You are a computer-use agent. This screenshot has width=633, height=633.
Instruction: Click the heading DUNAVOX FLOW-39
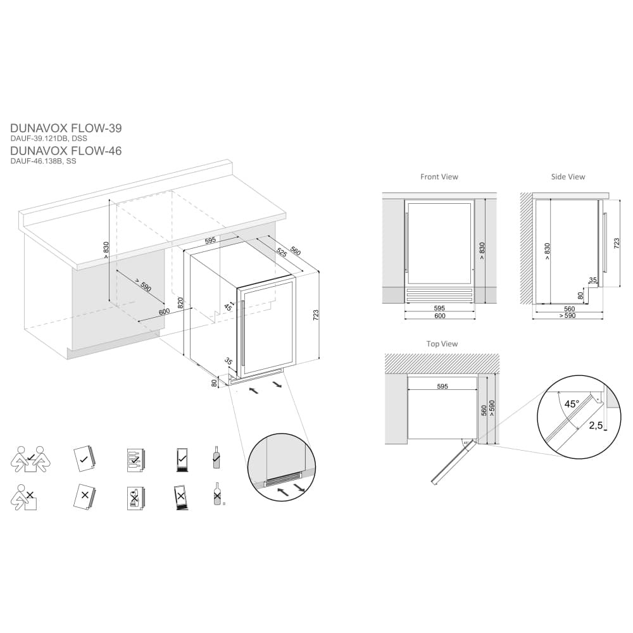click(x=66, y=128)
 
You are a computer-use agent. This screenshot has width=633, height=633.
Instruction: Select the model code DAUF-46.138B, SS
click(x=43, y=161)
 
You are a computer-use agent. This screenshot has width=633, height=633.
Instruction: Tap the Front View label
click(x=439, y=177)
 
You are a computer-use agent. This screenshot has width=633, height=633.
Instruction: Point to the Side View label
click(x=568, y=177)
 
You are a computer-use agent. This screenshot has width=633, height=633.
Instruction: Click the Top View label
click(x=442, y=344)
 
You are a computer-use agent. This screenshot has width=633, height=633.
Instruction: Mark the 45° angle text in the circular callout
click(x=572, y=403)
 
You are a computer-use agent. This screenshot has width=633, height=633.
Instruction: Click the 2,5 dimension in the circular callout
click(x=596, y=425)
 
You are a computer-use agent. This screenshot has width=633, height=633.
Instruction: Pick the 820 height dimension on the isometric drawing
click(x=180, y=302)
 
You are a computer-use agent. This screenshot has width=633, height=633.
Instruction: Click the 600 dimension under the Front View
click(x=440, y=315)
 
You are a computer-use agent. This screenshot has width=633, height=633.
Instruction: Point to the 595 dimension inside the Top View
click(x=442, y=386)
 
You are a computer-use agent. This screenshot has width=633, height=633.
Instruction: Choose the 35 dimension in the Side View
click(x=592, y=280)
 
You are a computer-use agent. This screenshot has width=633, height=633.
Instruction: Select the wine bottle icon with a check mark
click(x=216, y=457)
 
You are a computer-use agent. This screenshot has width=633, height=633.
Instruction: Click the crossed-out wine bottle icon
click(x=218, y=494)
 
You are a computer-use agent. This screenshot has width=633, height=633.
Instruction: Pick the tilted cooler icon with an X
click(x=180, y=496)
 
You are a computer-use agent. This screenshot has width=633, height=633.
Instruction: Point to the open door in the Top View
click(x=451, y=462)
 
